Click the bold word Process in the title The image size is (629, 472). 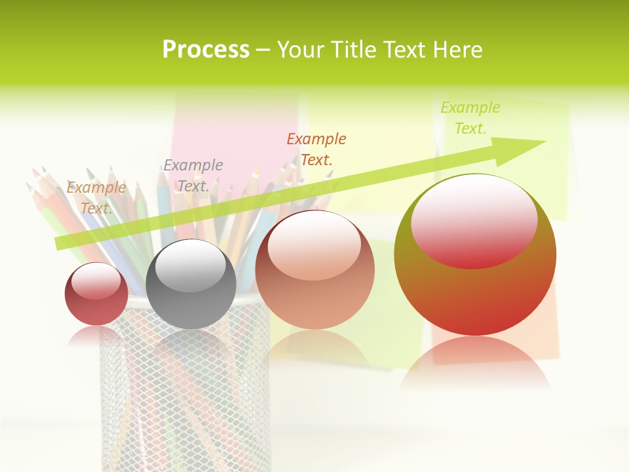pyautogui.click(x=206, y=50)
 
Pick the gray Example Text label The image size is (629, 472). pyautogui.click(x=193, y=176)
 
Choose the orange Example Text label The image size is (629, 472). pyautogui.click(x=316, y=149)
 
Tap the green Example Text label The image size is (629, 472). pyautogui.click(x=470, y=118)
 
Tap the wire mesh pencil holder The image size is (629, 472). pyautogui.click(x=184, y=393)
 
